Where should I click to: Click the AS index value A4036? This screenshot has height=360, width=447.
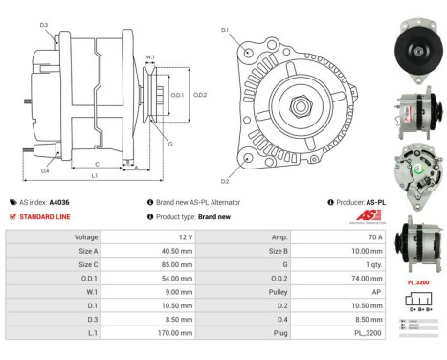click(59, 202)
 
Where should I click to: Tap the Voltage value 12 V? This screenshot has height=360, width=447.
click(183, 236)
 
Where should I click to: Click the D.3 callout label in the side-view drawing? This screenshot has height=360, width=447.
click(44, 24)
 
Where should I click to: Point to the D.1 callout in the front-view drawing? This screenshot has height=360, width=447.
click(224, 30)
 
